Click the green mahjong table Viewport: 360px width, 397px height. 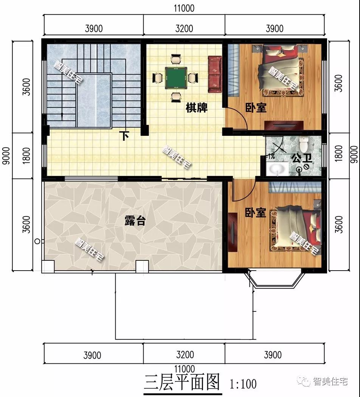click(x=176, y=78)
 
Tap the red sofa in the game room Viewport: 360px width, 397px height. click(x=215, y=75)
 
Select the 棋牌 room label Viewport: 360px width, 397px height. click(x=197, y=107)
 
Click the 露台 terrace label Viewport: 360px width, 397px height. click(x=135, y=221)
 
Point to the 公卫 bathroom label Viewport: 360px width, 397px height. click(x=302, y=158)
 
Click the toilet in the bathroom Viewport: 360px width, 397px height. click(x=303, y=144)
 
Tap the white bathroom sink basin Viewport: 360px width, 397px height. click(x=278, y=169)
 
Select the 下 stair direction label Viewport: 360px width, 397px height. click(x=125, y=136)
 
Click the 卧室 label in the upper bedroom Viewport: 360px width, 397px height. click(x=256, y=107)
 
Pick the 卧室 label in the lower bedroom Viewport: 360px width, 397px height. click(x=256, y=213)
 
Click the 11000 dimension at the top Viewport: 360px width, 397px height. click(x=184, y=8)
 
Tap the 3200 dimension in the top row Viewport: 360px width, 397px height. click(x=184, y=28)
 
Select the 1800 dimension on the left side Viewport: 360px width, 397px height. click(x=26, y=156)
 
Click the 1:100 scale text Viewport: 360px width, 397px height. click(x=243, y=384)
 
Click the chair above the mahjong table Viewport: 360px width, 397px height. click(x=176, y=60)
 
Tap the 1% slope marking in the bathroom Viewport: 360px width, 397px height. click(x=271, y=157)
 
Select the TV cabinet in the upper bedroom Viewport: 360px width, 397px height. click(x=284, y=125)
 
